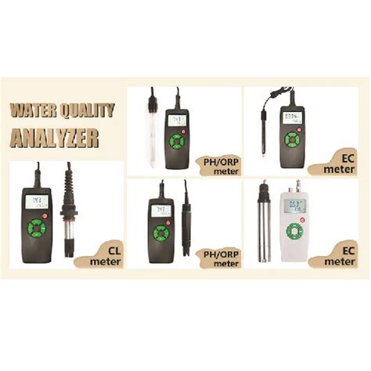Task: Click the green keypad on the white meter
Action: tap(294, 232)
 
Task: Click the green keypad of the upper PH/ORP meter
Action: tap(179, 142)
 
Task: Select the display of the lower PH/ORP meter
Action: tap(160, 211)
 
